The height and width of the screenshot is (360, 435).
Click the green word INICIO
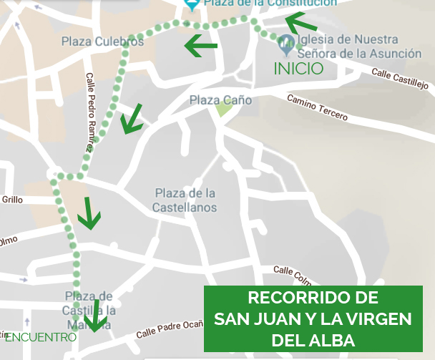tap(299, 69)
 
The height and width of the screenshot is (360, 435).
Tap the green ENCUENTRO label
tap(40, 336)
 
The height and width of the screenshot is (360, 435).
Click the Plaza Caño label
tap(220, 101)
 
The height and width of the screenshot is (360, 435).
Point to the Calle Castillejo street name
tap(399, 79)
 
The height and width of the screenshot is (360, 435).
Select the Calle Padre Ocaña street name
tap(170, 330)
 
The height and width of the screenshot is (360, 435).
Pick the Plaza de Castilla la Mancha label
tap(89, 309)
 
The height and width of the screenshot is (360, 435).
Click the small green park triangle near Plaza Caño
tap(224, 110)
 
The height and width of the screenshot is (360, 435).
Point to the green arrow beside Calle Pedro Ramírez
tap(132, 119)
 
